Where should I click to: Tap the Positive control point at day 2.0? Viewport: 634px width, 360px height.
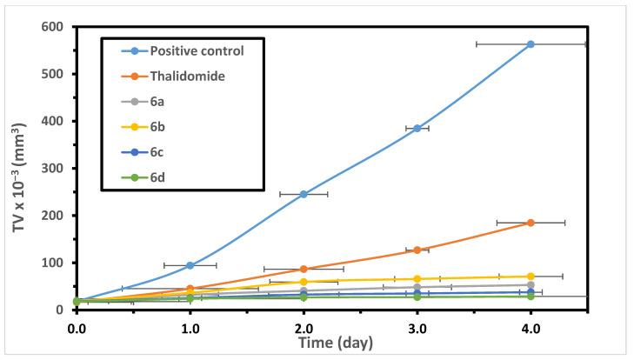(x=304, y=194)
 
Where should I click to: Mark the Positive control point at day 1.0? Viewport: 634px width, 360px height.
(x=190, y=265)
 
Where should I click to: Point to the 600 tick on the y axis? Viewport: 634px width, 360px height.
(x=56, y=27)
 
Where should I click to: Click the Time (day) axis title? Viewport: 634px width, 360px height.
(x=331, y=343)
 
